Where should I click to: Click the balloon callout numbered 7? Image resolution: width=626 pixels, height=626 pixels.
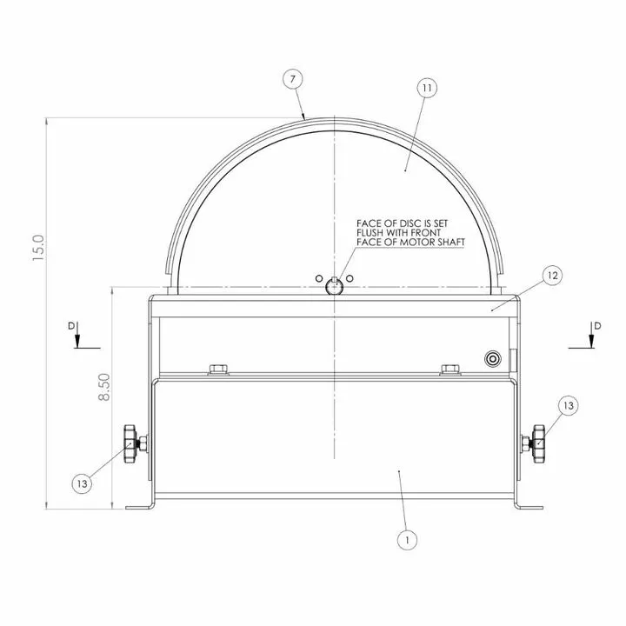pos(293,79)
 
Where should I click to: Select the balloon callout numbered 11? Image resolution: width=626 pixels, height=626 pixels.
pos(427,88)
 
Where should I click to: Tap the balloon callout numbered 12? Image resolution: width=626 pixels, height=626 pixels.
pos(553,276)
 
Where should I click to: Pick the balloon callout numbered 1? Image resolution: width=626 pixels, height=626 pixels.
pos(407,540)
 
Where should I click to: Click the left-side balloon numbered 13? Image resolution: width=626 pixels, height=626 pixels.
pos(82,484)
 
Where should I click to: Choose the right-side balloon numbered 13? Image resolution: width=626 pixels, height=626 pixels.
pos(568,406)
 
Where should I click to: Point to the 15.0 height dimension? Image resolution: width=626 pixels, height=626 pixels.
pos(39,248)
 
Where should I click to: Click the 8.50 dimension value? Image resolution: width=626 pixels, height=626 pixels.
pos(104,387)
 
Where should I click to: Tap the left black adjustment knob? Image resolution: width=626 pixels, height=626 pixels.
pos(130,443)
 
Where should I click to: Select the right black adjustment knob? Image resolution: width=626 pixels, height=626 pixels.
pos(538,443)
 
